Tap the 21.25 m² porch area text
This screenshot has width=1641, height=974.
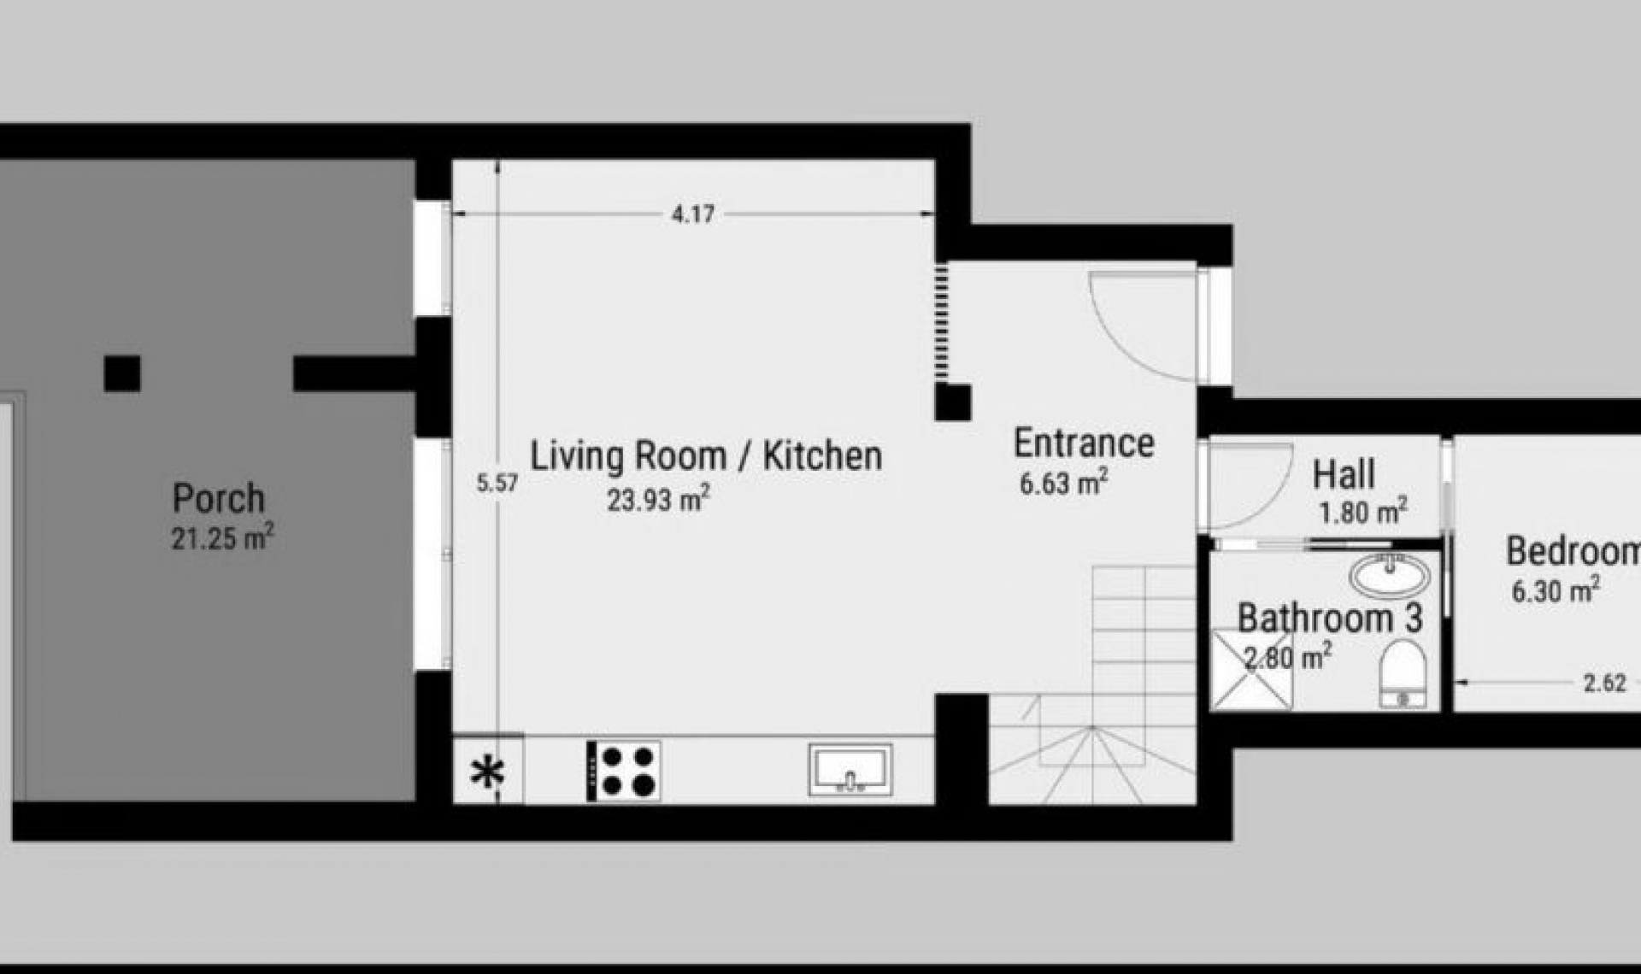(222, 538)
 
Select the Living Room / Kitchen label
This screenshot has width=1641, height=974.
(706, 455)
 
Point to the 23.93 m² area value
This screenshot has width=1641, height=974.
(658, 499)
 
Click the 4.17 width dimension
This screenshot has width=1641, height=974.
(692, 214)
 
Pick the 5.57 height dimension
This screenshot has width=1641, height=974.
(497, 484)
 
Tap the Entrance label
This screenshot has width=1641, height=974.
(1084, 443)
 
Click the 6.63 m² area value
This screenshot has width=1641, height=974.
(1063, 483)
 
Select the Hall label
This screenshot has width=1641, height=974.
(1344, 474)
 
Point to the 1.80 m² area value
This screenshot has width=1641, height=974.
(1362, 512)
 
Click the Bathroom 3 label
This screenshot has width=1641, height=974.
(1330, 618)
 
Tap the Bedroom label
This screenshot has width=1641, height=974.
(1573, 551)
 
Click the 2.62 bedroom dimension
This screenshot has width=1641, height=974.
(1604, 683)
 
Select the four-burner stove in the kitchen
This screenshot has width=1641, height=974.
(624, 771)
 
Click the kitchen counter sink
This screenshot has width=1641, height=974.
(850, 769)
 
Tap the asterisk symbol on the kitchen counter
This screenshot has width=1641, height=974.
(488, 772)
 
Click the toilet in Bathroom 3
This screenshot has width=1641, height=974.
(1403, 674)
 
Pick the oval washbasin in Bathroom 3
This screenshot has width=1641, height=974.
(1389, 575)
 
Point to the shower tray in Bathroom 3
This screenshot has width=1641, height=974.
(1252, 670)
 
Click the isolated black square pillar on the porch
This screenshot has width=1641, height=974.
(122, 373)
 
